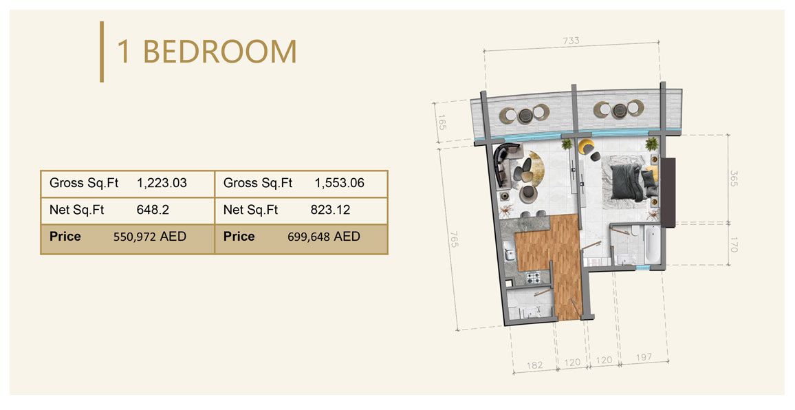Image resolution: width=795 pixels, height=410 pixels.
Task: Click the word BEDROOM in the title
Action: tap(220, 52)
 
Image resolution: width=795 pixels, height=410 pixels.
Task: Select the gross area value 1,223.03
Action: tap(162, 184)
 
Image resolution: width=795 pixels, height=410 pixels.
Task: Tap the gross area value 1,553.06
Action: tap(339, 184)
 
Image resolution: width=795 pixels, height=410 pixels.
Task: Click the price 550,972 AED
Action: tap(149, 237)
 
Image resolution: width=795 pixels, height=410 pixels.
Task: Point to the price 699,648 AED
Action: tap(323, 237)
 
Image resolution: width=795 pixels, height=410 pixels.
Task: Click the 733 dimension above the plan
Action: tap(571, 41)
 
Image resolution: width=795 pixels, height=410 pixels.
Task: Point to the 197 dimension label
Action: tap(643, 358)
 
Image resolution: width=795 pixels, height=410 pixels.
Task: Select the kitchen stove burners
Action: tap(534, 278)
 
